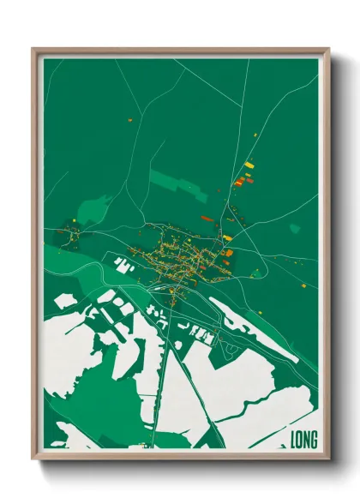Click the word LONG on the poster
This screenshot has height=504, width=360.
tap(304, 440)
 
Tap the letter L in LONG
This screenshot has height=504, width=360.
tap(294, 440)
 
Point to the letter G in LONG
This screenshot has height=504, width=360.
tap(315, 440)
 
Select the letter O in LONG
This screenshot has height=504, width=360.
tap(300, 440)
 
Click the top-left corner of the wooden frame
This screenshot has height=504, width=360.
tap(33, 49)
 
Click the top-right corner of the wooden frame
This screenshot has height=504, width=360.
tap(328, 49)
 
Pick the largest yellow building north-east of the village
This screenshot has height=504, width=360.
tap(249, 165)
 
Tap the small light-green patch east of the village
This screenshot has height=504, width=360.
tap(295, 229)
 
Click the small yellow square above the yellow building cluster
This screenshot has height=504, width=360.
tap(255, 135)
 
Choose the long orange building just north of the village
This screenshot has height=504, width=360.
tap(207, 219)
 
